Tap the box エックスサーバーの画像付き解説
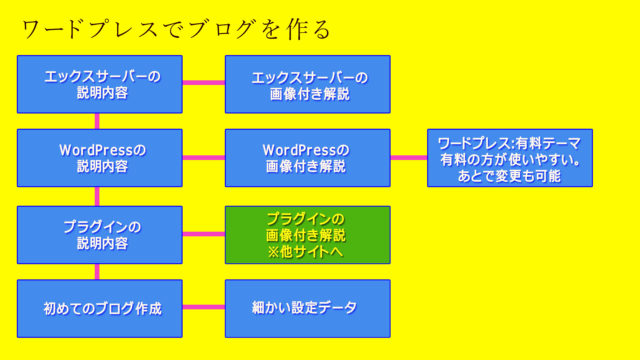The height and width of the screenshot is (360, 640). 307,84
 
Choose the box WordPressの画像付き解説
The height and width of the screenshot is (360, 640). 307,158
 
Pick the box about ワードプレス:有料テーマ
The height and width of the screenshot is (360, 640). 510,158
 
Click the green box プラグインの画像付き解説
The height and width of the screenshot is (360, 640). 307,235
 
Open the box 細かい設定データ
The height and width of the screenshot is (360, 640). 307,308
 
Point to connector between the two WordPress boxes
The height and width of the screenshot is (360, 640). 204,158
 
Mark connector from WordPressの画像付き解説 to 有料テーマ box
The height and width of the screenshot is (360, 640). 408,158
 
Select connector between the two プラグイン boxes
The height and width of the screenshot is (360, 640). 204,235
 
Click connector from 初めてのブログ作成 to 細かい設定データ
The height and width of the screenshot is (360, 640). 204,308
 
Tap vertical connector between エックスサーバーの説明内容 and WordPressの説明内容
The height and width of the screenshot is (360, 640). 97,121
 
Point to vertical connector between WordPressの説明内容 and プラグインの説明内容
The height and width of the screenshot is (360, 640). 97,196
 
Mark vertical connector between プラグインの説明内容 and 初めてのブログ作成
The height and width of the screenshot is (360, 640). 97,271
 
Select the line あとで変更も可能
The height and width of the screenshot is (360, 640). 510,175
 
